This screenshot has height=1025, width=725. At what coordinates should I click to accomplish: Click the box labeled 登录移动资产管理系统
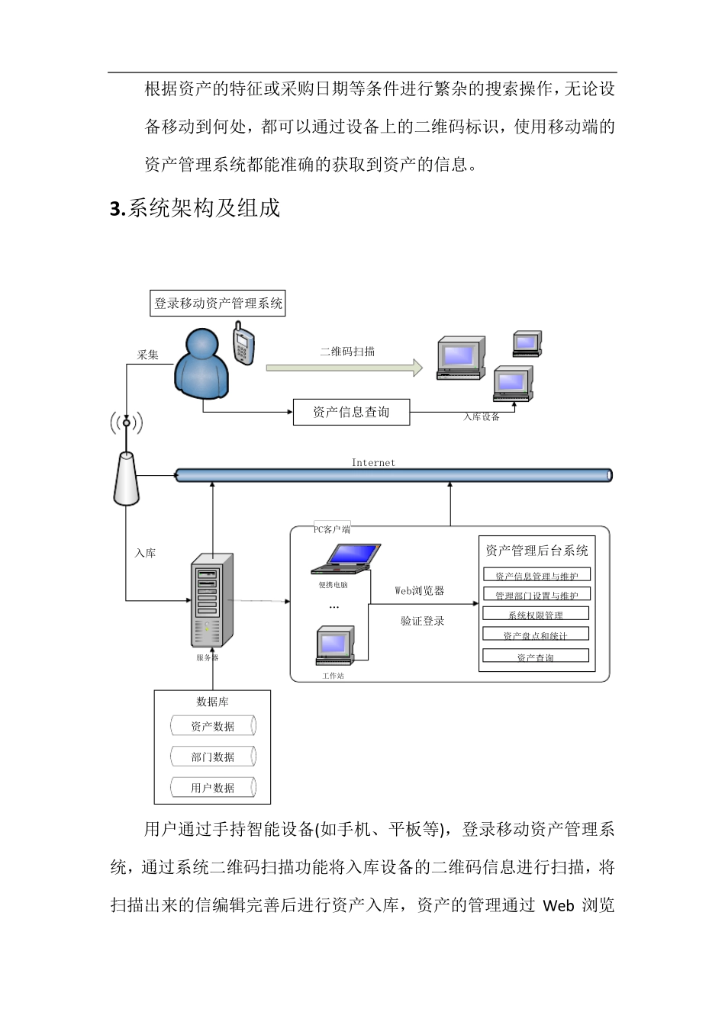(x=218, y=304)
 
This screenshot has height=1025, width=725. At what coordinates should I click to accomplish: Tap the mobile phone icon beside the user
(x=243, y=343)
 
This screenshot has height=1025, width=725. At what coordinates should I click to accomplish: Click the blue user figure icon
(x=202, y=365)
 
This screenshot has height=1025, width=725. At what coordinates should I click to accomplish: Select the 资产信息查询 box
(x=351, y=413)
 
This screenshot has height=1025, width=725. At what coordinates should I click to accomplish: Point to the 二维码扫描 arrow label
(x=347, y=352)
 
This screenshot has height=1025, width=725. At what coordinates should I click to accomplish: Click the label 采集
(x=148, y=355)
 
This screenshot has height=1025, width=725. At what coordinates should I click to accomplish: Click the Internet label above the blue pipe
(x=373, y=462)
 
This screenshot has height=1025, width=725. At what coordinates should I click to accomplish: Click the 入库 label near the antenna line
(x=145, y=553)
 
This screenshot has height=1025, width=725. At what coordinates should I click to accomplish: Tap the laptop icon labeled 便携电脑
(x=345, y=559)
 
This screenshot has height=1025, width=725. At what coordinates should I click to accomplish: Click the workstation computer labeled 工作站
(x=335, y=646)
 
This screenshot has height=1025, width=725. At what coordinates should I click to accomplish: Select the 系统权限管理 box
(x=536, y=615)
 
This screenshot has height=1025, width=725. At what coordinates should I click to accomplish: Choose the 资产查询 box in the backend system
(x=536, y=657)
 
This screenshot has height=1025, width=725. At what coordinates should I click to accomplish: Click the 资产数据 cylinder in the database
(x=212, y=726)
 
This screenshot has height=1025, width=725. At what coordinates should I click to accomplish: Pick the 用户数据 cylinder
(x=212, y=788)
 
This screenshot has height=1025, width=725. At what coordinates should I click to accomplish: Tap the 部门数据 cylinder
(x=212, y=757)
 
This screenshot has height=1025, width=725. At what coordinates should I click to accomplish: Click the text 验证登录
(x=422, y=621)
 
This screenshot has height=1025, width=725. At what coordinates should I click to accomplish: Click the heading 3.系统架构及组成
(x=195, y=208)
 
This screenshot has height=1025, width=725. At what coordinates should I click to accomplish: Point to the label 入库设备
(x=481, y=417)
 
